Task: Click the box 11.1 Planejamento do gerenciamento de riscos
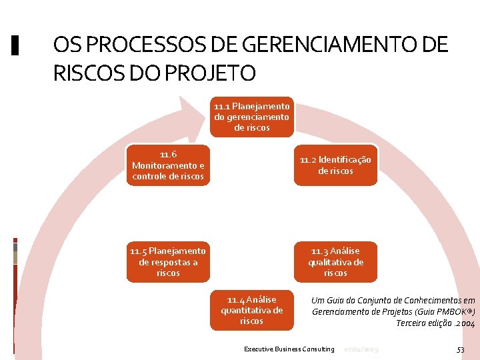point(251,117)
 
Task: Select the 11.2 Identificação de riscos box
point(335,165)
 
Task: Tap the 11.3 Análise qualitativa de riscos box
point(335,261)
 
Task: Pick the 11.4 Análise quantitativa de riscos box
point(251,310)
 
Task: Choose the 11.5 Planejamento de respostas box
point(168,261)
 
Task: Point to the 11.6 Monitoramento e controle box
point(168,165)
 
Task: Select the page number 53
point(460,349)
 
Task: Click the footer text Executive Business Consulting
point(289,349)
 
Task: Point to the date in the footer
point(361,349)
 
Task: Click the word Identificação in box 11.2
point(345,159)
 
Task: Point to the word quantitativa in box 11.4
point(251,310)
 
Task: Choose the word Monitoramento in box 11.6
point(164,165)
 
